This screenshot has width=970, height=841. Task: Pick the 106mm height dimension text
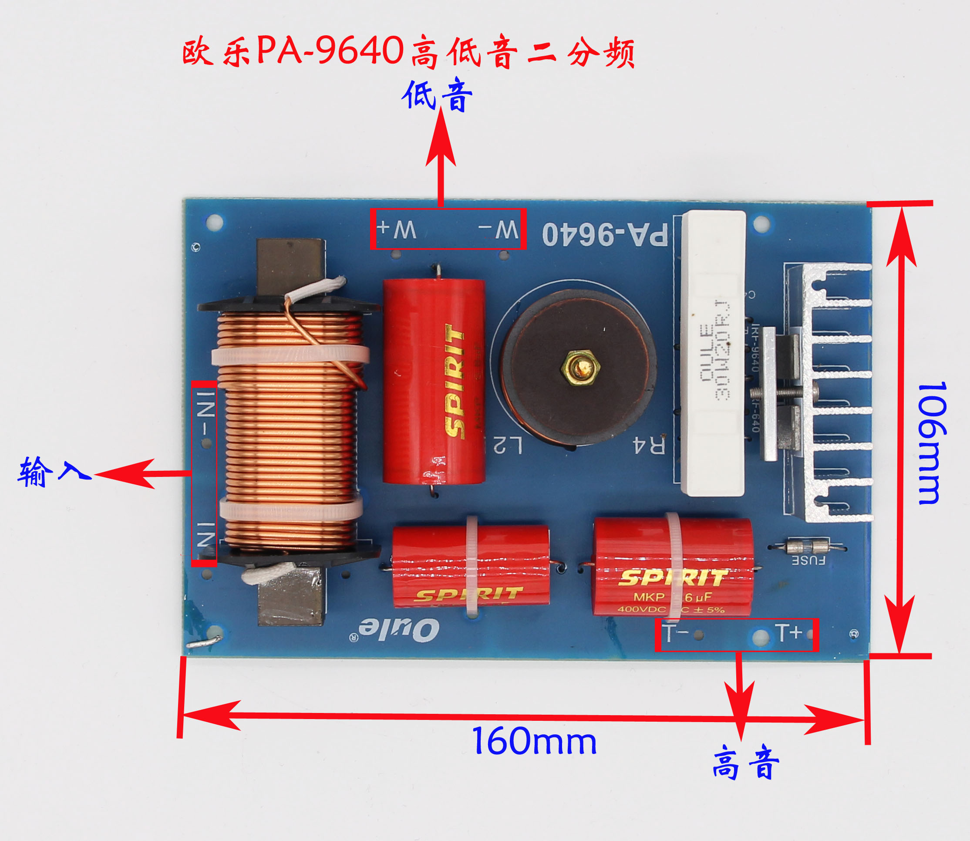(931, 443)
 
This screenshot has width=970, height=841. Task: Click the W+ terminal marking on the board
(396, 230)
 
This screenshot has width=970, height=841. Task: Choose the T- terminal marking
(675, 634)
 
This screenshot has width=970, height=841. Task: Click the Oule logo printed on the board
(399, 629)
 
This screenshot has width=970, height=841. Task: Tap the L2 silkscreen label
(507, 445)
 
